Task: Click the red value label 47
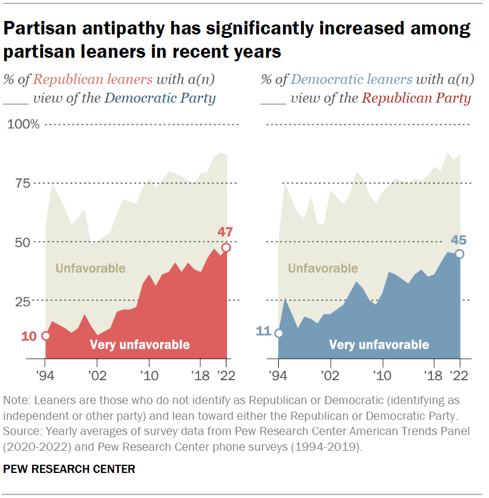click(225, 232)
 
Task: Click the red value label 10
click(29, 336)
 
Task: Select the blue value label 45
click(459, 239)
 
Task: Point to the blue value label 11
click(263, 332)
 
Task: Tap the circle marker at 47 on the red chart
click(226, 247)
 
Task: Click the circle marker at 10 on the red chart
click(45, 336)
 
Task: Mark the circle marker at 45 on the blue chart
click(460, 254)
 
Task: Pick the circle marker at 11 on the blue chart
click(279, 334)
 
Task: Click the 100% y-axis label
click(23, 125)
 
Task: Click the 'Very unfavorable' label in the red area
click(140, 345)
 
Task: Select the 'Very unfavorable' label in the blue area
click(379, 345)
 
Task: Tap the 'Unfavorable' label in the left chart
click(90, 269)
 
